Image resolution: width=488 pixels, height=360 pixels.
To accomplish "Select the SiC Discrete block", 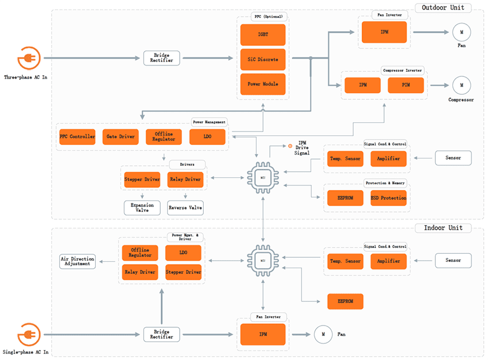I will (x=263, y=60).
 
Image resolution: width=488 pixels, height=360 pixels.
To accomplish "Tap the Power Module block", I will (x=263, y=84).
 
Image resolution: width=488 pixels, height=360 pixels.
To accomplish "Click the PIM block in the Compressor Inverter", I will (x=406, y=85).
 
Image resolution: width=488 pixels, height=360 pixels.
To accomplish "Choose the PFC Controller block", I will (x=77, y=137).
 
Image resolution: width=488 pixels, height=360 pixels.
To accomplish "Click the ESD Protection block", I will (x=389, y=198).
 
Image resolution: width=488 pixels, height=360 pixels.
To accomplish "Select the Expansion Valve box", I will (x=142, y=207).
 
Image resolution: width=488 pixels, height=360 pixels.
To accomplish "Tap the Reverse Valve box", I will (x=185, y=207).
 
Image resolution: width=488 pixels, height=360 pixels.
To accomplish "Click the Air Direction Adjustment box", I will (x=78, y=261).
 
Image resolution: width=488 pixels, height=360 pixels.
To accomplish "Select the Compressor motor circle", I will (x=460, y=86).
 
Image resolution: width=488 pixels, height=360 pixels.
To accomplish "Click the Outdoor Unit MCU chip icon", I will (x=262, y=177).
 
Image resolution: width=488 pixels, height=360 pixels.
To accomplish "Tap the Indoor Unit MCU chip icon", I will (x=262, y=261).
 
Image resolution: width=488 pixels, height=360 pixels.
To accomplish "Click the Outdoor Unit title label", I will (x=443, y=7).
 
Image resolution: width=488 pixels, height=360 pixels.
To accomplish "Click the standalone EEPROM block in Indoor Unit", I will (x=345, y=301).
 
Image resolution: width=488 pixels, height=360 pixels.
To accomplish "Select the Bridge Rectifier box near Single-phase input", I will (x=161, y=334).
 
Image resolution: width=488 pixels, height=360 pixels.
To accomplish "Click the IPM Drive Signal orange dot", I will (x=290, y=146).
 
